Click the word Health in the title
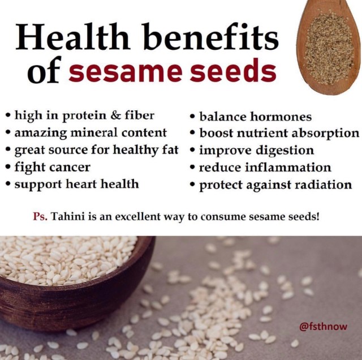(x=72, y=37)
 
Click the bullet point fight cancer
(x=48, y=167)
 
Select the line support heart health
(x=72, y=185)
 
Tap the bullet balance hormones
(x=251, y=117)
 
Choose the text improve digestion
(x=252, y=151)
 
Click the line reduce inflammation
(x=260, y=168)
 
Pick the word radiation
(x=324, y=185)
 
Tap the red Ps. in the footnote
(x=40, y=217)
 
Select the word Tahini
(x=67, y=217)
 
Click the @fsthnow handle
(x=323, y=327)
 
